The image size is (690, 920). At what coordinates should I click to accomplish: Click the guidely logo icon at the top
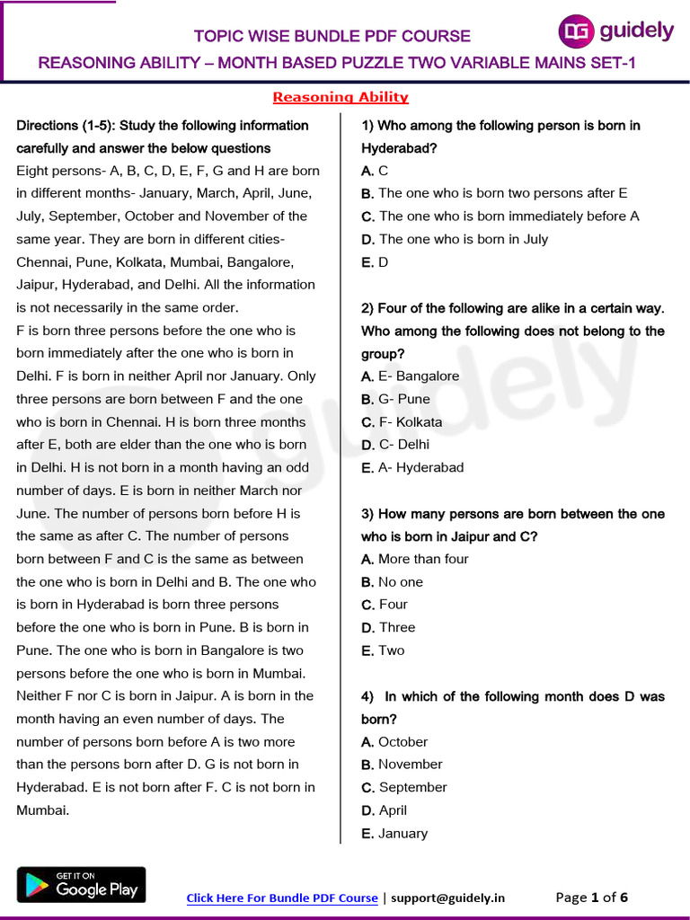coord(576,31)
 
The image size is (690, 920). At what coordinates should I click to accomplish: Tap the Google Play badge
coord(81,885)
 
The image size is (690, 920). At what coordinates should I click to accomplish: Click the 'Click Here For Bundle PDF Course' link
coord(282,898)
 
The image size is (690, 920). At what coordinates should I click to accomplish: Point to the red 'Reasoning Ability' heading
coord(341,97)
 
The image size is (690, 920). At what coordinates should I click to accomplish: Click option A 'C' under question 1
coord(375,171)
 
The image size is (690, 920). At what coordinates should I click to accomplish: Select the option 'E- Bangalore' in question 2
coord(411,376)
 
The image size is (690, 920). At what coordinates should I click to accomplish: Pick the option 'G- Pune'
coord(396,399)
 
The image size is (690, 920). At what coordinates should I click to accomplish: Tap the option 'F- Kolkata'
coord(402,422)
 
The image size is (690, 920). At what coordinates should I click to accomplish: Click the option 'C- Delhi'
coord(396,445)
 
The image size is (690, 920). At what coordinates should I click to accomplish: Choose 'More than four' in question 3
coord(415,559)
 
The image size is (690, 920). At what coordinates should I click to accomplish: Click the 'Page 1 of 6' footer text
coord(592,898)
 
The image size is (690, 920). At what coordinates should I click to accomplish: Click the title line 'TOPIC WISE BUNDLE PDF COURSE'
coord(332,37)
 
